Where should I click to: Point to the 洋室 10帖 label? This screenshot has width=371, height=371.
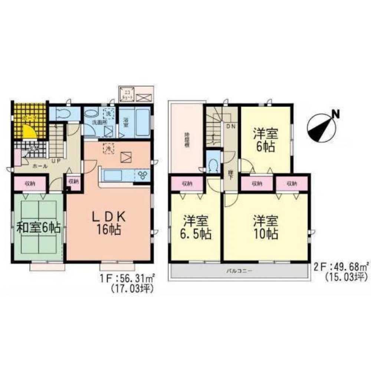point(266,228)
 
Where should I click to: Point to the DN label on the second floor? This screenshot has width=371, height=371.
point(230,126)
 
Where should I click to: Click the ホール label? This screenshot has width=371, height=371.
point(40,167)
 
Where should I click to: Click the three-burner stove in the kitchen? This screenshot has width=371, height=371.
point(143,175)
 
